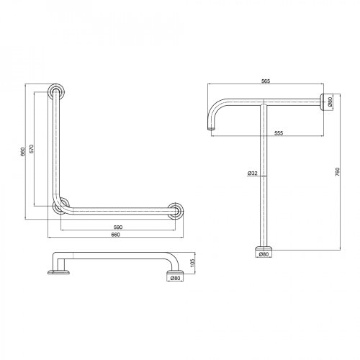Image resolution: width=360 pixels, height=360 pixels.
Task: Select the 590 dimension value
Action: [119, 228]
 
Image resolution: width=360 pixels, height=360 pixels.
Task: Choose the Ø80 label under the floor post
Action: [264, 254]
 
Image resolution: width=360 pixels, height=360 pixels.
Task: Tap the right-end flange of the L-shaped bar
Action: [174, 210]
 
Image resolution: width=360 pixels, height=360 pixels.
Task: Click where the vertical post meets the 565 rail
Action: [264, 103]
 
